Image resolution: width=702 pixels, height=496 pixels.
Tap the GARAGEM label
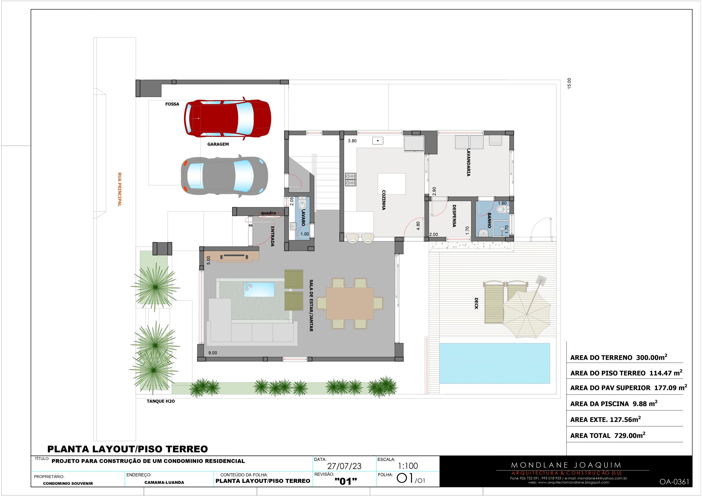tap(218, 144)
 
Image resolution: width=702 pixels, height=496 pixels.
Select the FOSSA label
tap(172, 104)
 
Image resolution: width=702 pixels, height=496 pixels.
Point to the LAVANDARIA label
tap(468, 162)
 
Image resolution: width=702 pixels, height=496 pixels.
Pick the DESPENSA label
tap(454, 216)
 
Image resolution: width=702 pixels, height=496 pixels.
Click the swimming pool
tap(495, 363)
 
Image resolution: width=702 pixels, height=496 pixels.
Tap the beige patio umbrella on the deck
tap(526, 314)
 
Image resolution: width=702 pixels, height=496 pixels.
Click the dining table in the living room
tap(350, 303)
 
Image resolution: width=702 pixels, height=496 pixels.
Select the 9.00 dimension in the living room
tap(213, 353)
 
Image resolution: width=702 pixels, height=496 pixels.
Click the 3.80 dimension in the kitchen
tap(352, 141)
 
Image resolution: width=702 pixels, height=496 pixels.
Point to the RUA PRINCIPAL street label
tap(120, 189)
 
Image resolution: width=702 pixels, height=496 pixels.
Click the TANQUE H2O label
tap(161, 401)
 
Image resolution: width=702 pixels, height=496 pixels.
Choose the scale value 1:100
tap(408, 466)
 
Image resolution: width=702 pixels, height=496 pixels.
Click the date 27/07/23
tap(344, 466)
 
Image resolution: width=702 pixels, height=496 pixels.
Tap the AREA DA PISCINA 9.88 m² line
tap(614, 403)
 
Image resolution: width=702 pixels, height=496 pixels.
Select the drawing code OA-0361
tap(675, 482)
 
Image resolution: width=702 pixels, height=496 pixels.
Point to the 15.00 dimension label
tap(569, 83)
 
